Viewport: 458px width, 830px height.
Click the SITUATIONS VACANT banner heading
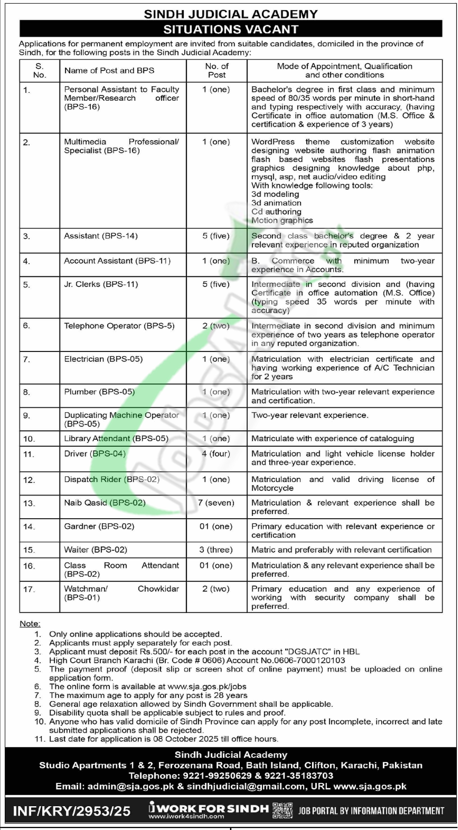coord(231,30)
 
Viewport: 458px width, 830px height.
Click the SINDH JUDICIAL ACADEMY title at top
coord(231,14)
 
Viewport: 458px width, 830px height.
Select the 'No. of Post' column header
coord(217,71)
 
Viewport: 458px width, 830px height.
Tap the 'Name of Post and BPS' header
coord(109,71)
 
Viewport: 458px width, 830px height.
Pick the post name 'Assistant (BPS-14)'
coord(101,236)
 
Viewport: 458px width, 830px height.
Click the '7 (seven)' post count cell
coord(216,503)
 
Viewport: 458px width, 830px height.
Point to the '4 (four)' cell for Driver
coord(216,454)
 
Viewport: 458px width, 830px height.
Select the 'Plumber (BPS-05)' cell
coord(99,392)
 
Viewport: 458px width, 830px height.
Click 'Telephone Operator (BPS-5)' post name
coord(119,326)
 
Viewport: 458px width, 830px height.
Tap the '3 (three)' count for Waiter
coord(216,550)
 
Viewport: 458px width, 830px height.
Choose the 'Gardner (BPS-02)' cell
coord(99,526)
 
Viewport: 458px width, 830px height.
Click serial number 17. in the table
coord(29,589)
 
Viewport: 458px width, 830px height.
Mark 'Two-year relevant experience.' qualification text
coord(310,415)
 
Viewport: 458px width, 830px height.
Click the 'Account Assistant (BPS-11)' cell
coord(117,261)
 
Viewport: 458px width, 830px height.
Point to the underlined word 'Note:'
coord(30,623)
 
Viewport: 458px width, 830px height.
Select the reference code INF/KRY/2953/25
coord(71,811)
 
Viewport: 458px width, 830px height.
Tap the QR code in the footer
coord(282,810)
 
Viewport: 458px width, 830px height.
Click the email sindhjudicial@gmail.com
coord(246,786)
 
